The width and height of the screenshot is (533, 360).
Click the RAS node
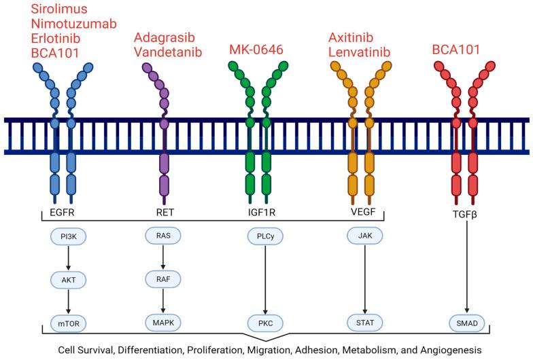point(163,234)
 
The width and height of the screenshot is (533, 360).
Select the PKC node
point(264,323)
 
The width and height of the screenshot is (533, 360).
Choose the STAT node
point(365,323)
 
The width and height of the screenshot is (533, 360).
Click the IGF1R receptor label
point(264,213)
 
